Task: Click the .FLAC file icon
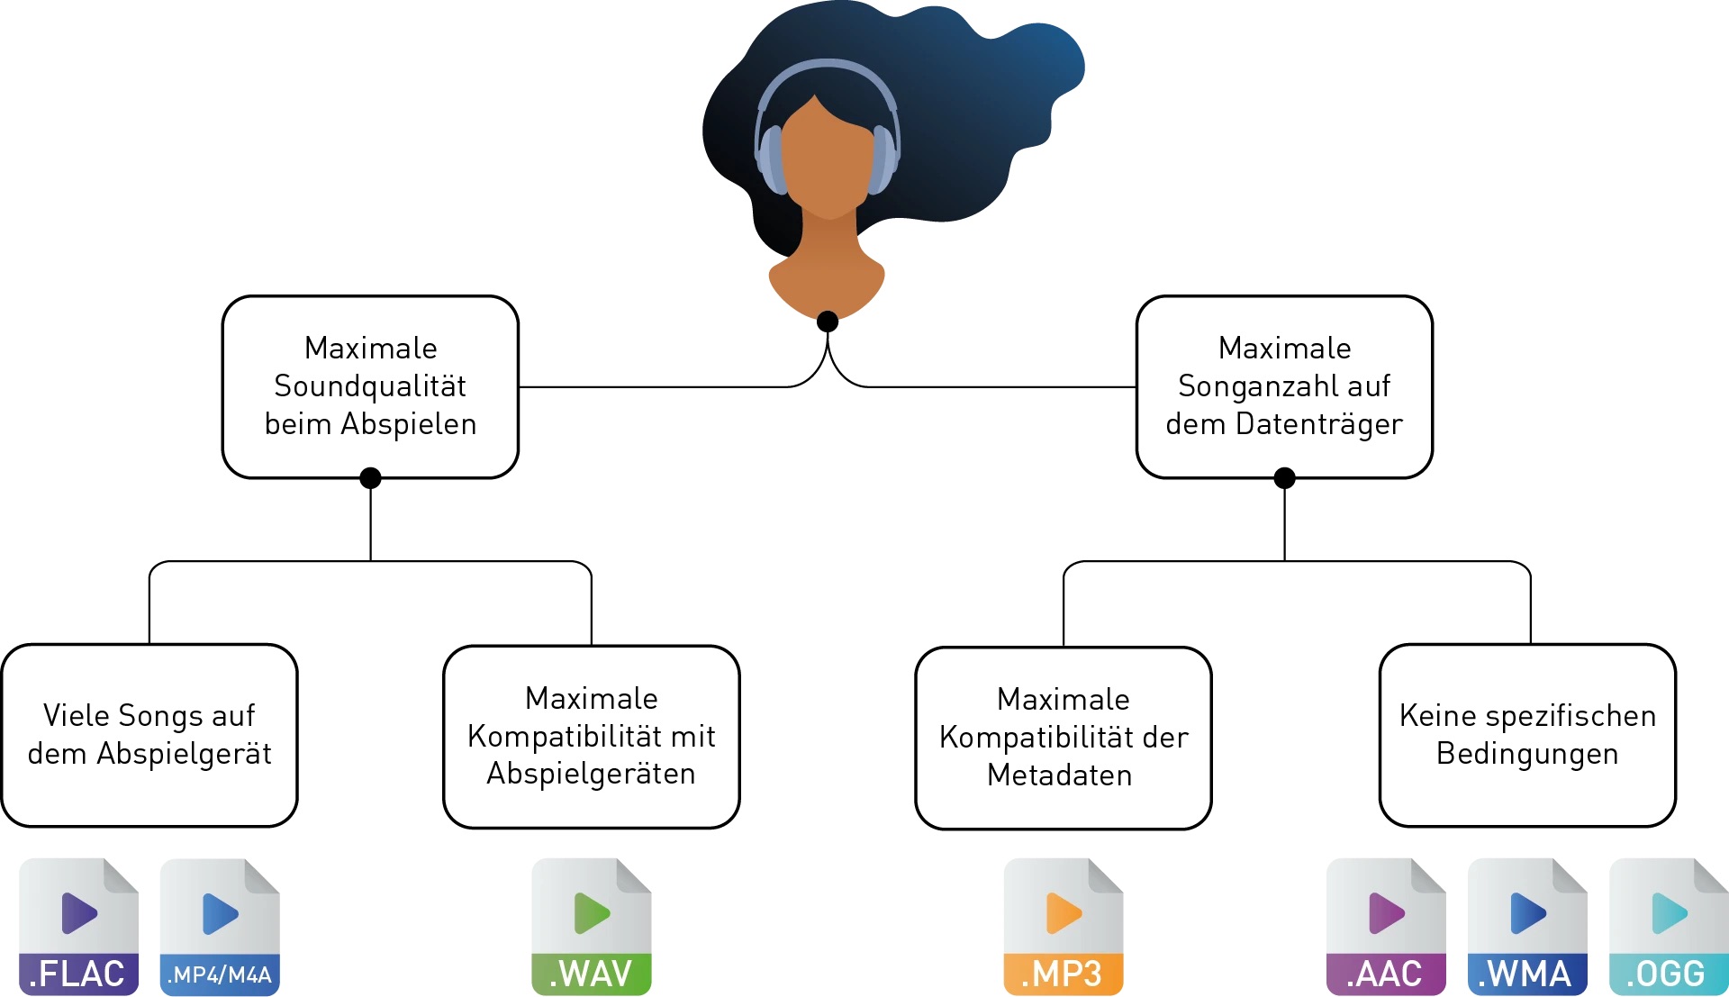(78, 927)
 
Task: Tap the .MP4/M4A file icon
(220, 927)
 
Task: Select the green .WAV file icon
(592, 927)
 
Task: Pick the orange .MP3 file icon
(1064, 927)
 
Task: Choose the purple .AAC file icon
(1386, 927)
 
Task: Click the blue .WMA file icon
(1527, 927)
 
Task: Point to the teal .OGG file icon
(1669, 927)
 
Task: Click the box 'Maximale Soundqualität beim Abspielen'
(370, 386)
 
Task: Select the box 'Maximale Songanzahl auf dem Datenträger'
(1284, 386)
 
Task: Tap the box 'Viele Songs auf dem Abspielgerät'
(149, 735)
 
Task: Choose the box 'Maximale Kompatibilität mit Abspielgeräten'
(592, 736)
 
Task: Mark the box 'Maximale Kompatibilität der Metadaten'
(1064, 738)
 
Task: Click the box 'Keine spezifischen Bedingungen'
(1527, 735)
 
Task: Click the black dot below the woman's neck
(828, 322)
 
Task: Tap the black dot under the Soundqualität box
(370, 478)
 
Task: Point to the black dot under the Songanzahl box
(1285, 478)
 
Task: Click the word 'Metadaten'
(1060, 775)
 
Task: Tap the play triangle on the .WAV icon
(592, 913)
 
